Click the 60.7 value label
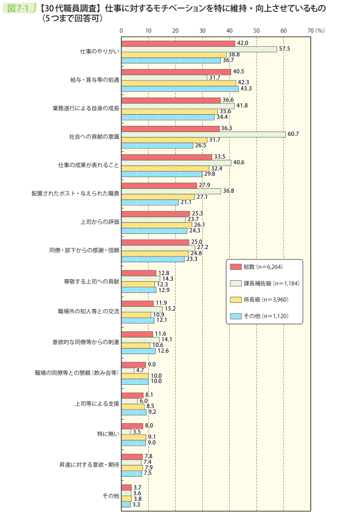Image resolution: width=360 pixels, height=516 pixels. point(293,134)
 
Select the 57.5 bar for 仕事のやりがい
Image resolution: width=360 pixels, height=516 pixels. point(199,49)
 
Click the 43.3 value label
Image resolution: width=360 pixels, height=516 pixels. point(246,89)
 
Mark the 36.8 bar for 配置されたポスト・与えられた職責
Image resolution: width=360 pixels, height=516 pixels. point(171,191)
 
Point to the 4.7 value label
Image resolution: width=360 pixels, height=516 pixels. point(140,370)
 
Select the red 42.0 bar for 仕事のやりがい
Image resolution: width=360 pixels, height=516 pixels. point(178,44)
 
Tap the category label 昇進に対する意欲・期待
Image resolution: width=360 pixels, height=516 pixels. point(86,464)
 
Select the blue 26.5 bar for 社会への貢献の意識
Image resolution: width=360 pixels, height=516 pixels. point(157,145)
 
